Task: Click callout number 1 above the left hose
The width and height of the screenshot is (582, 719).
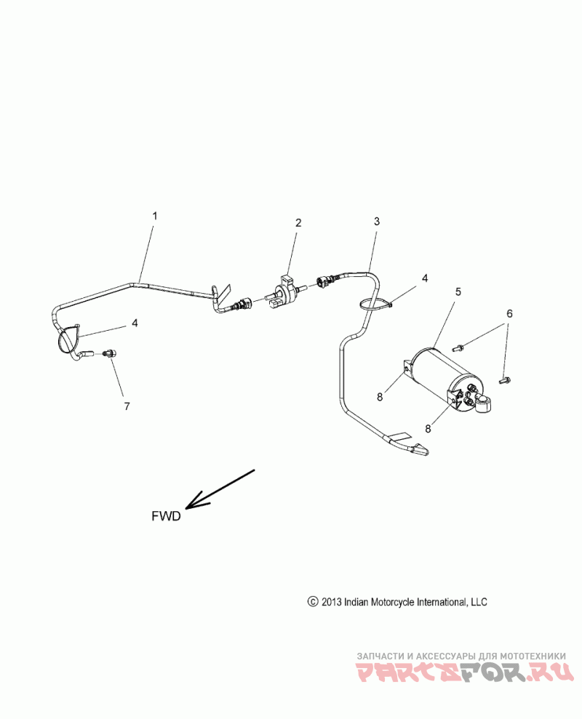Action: (154, 217)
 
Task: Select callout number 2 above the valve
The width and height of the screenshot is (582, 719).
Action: (298, 223)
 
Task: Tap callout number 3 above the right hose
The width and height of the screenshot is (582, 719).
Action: (376, 220)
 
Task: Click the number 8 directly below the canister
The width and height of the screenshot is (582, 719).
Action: (427, 429)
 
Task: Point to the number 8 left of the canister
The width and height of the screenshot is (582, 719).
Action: (379, 396)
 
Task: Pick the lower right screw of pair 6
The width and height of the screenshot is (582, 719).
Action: (505, 379)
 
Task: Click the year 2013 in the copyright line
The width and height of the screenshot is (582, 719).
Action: (331, 602)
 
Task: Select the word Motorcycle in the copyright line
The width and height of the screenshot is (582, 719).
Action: (394, 602)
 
